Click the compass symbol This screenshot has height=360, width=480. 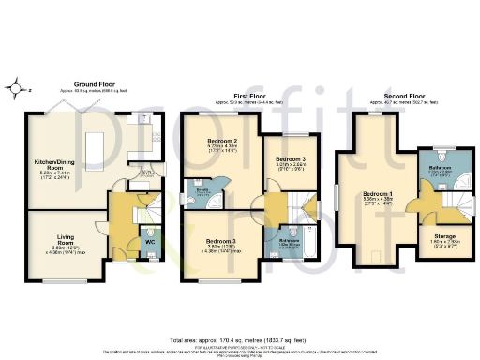tap(19, 90)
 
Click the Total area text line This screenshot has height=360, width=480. tap(240, 338)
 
